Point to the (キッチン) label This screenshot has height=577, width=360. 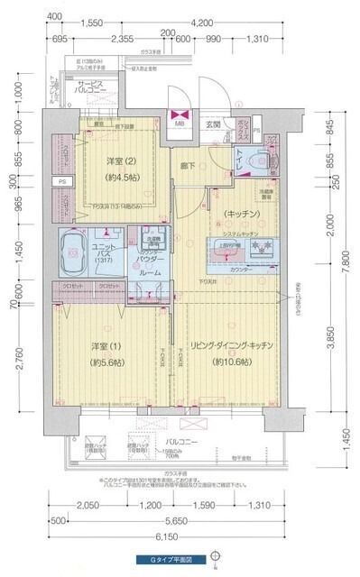tap(236, 214)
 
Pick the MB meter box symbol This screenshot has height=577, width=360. tap(179, 117)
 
